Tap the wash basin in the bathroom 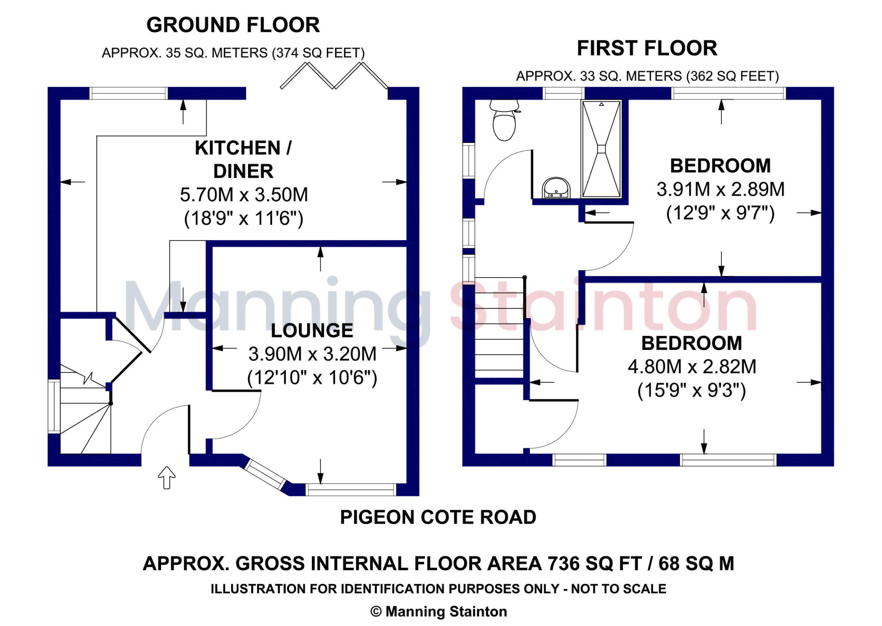556,189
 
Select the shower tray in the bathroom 601,149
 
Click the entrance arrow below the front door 167,477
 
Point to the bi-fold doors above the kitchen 334,76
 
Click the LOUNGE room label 312,331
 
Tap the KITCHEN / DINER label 243,159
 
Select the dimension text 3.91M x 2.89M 720,189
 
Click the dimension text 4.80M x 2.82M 692,367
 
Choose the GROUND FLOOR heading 233,25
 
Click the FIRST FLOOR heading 647,48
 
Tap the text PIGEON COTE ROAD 438,517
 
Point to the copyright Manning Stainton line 438,611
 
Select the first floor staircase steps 499,329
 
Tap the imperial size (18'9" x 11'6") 243,219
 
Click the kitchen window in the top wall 128,93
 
